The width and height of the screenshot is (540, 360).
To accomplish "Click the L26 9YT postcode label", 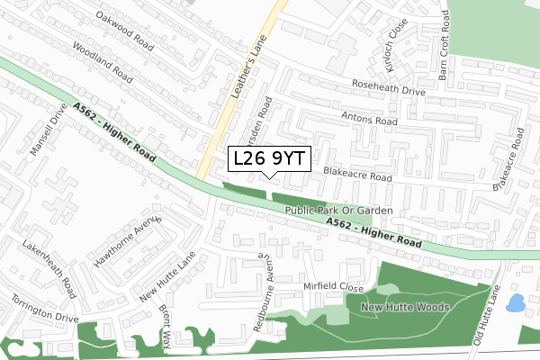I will coord(269,158).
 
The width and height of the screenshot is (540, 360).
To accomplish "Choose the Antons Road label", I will coord(369,120).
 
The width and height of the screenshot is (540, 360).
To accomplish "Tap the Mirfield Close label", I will coord(333,287).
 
